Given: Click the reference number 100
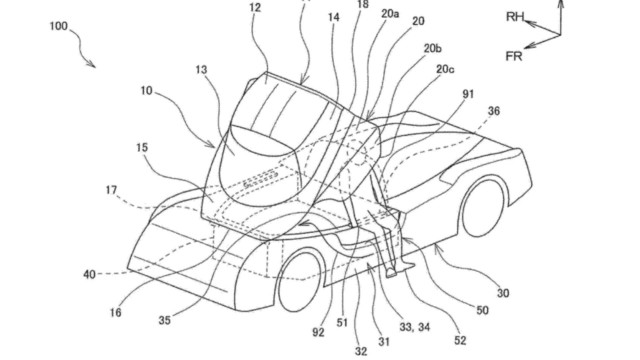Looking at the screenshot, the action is pos(59,27).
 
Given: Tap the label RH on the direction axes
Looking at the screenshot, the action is pos(515,17).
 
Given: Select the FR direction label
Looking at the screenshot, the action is pos(513,56).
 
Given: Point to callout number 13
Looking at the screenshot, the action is pos(201,70).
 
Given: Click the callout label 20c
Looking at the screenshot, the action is pos(445,69).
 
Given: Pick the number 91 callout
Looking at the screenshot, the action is pos(468,94).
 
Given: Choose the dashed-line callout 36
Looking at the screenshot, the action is pos(493,111).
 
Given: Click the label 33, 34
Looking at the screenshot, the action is pos(414,327).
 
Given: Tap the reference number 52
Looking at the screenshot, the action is pos(460,340).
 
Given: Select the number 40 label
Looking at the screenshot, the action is pos(89,274).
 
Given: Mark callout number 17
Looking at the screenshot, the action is pos(111,190).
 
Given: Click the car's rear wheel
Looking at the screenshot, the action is pos(482,207).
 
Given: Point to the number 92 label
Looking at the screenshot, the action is pos(318,332).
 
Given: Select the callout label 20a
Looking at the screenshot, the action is pos(390,14).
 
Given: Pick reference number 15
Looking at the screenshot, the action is pos(142,147).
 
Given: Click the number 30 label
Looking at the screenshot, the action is pos(503,293).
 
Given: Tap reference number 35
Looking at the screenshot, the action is pos(164,320).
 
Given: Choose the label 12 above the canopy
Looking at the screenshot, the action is pos(255,8).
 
